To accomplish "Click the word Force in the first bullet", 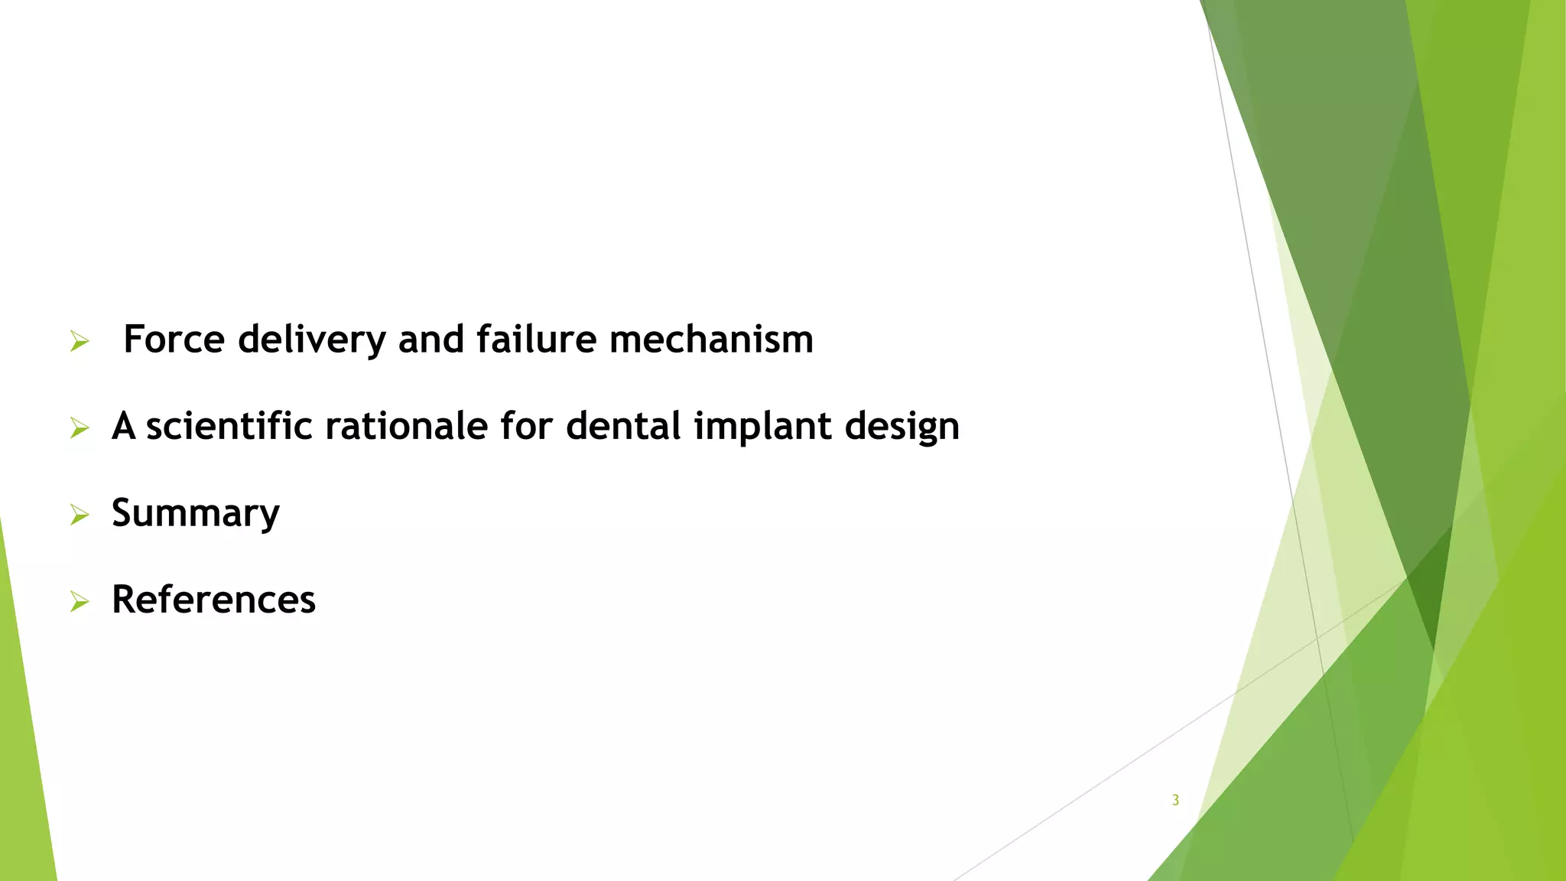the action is [x=174, y=339].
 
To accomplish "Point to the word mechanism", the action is [x=711, y=339].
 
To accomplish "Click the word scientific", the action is [x=229, y=426].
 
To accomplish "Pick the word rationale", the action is [x=406, y=426].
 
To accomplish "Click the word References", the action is [x=213, y=600].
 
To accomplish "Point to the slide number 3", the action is [x=1175, y=800].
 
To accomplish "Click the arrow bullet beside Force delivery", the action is [x=80, y=342].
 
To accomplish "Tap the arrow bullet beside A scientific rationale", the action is [x=80, y=428].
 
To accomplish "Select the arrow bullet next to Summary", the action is [x=80, y=515].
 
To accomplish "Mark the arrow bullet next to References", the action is [x=80, y=602].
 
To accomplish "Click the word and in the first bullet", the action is [x=430, y=339].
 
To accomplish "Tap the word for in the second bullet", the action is [x=526, y=426].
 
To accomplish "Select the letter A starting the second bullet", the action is [x=124, y=426].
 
